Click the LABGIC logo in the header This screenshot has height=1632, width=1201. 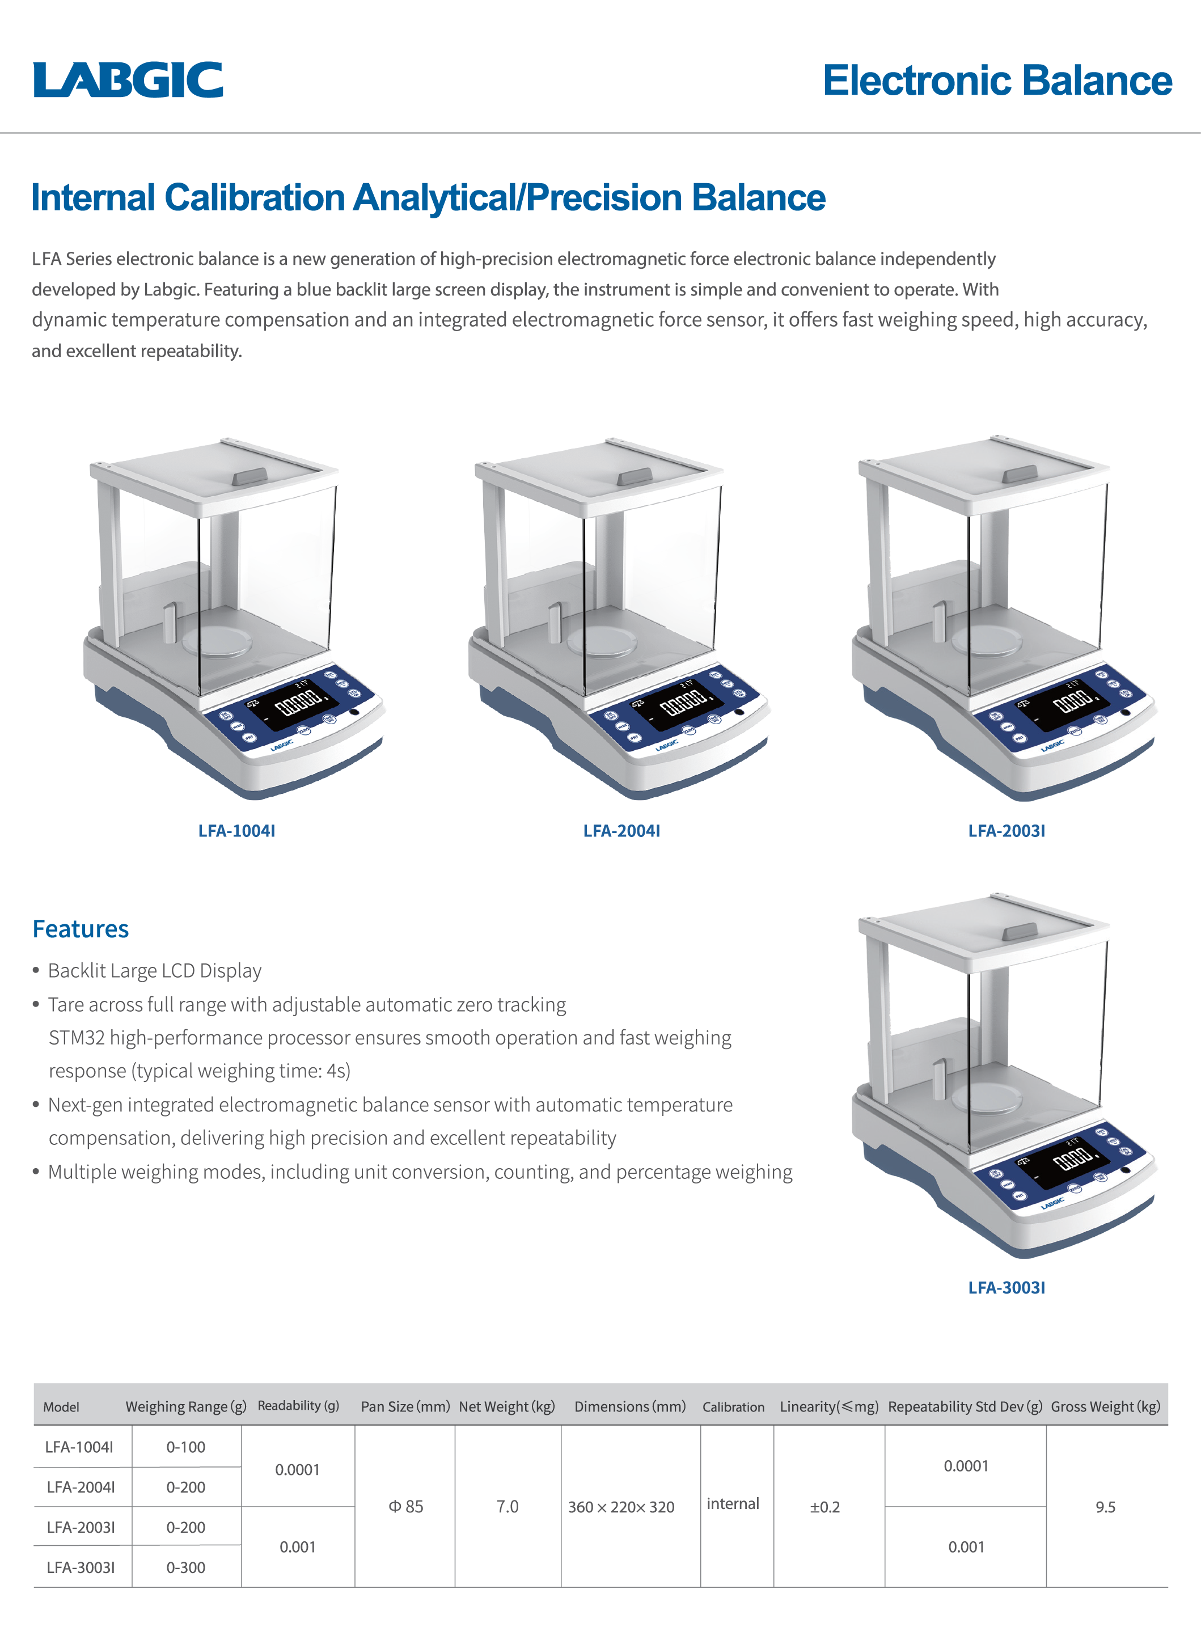pyautogui.click(x=128, y=79)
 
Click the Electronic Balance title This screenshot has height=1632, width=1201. pyautogui.click(x=997, y=80)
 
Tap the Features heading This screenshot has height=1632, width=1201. pyautogui.click(x=81, y=929)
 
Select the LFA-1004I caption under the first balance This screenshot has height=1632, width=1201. pyautogui.click(x=237, y=831)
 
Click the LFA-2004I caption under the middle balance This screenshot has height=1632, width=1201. pyautogui.click(x=621, y=831)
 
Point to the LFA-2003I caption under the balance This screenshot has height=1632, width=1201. pyautogui.click(x=1007, y=831)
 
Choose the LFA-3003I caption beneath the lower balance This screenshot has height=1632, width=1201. pyautogui.click(x=1007, y=1287)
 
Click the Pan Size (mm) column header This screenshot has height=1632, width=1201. pyautogui.click(x=405, y=1407)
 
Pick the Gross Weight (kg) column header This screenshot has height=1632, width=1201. pyautogui.click(x=1106, y=1407)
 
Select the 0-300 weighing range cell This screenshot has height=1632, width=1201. pyautogui.click(x=186, y=1567)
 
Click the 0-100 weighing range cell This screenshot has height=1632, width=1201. pyautogui.click(x=186, y=1447)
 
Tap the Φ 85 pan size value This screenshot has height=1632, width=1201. pyautogui.click(x=405, y=1506)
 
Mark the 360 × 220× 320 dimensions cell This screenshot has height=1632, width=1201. pyautogui.click(x=621, y=1507)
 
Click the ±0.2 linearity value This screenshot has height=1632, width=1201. pyautogui.click(x=825, y=1507)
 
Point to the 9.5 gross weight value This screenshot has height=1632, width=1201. pyautogui.click(x=1106, y=1507)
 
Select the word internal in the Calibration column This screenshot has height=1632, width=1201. pyautogui.click(x=733, y=1503)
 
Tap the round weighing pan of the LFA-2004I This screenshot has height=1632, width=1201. pyautogui.click(x=602, y=640)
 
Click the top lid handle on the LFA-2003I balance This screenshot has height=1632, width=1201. pyautogui.click(x=1020, y=474)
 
